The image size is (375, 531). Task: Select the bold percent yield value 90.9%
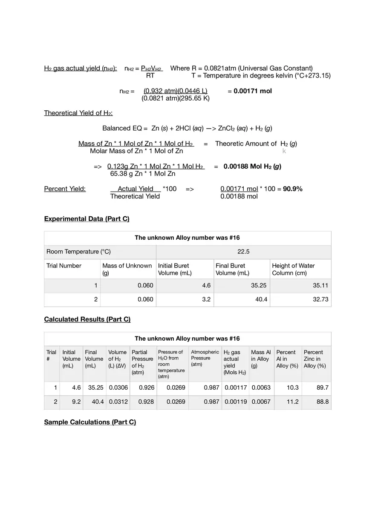(x=293, y=189)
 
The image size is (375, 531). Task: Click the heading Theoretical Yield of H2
(x=78, y=113)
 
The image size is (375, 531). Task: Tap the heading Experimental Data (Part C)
(x=87, y=219)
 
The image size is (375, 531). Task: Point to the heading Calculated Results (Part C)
(x=87, y=319)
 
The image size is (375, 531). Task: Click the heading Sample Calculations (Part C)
(x=90, y=422)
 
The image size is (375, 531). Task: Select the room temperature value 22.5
(x=243, y=252)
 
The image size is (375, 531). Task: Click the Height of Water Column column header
(x=293, y=269)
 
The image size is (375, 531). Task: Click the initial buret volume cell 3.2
(x=206, y=299)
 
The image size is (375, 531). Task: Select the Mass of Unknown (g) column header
(x=127, y=269)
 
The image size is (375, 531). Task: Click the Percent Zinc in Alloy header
(x=314, y=359)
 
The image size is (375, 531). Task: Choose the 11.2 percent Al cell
(x=293, y=402)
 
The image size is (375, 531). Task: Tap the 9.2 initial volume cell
(x=76, y=402)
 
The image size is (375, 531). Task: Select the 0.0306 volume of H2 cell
(x=118, y=388)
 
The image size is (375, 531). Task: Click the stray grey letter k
(x=284, y=151)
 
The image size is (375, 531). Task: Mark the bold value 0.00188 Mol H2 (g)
(x=252, y=166)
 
